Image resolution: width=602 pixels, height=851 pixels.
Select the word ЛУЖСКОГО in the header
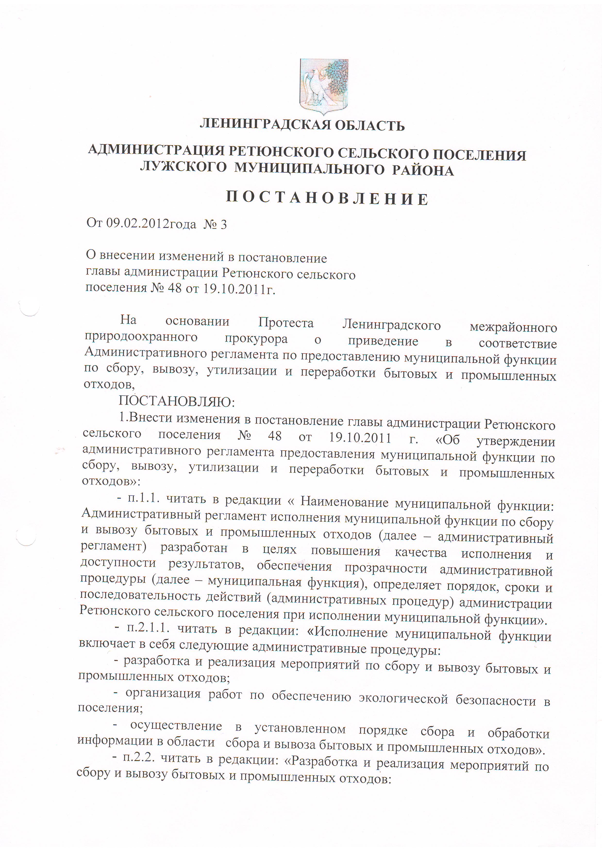184,167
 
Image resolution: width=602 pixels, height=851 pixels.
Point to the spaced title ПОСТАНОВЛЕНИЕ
327,199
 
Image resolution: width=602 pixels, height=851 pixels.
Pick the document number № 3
215,224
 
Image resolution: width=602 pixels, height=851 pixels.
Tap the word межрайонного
513,328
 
